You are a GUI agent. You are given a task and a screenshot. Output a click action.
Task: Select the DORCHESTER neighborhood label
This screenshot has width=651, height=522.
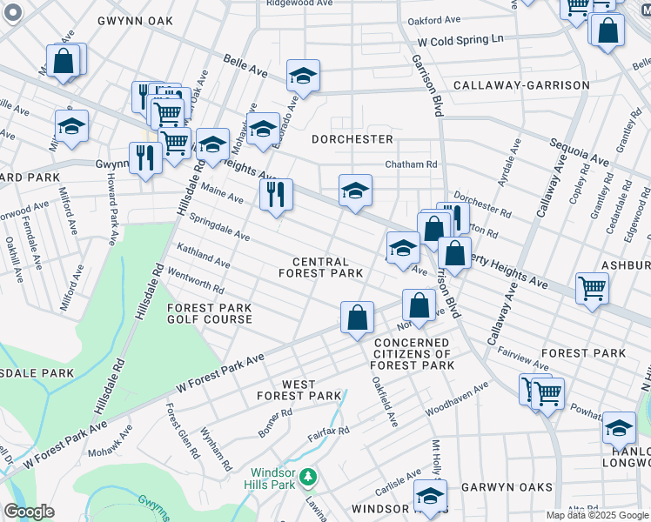coord(352,139)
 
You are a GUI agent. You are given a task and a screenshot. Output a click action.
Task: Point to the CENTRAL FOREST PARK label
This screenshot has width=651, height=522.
coord(321,267)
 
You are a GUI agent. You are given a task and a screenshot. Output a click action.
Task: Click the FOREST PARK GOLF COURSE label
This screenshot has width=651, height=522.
coord(210,313)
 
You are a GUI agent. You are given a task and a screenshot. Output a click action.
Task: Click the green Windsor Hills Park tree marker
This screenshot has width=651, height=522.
coord(308,477)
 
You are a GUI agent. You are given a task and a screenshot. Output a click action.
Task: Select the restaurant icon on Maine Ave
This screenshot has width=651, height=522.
coord(276,194)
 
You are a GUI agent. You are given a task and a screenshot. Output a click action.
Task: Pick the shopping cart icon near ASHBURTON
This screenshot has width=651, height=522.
coord(592,287)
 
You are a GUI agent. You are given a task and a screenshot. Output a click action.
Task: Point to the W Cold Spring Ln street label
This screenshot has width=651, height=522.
coord(460,40)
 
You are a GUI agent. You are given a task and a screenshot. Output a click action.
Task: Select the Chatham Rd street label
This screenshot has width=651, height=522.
coord(412,164)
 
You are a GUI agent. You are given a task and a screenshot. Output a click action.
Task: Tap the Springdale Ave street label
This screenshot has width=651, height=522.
coord(219,229)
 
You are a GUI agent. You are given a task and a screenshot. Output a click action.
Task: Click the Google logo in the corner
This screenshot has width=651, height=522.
coord(29,512)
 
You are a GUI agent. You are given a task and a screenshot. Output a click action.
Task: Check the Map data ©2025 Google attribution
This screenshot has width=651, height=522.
coord(596,515)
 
